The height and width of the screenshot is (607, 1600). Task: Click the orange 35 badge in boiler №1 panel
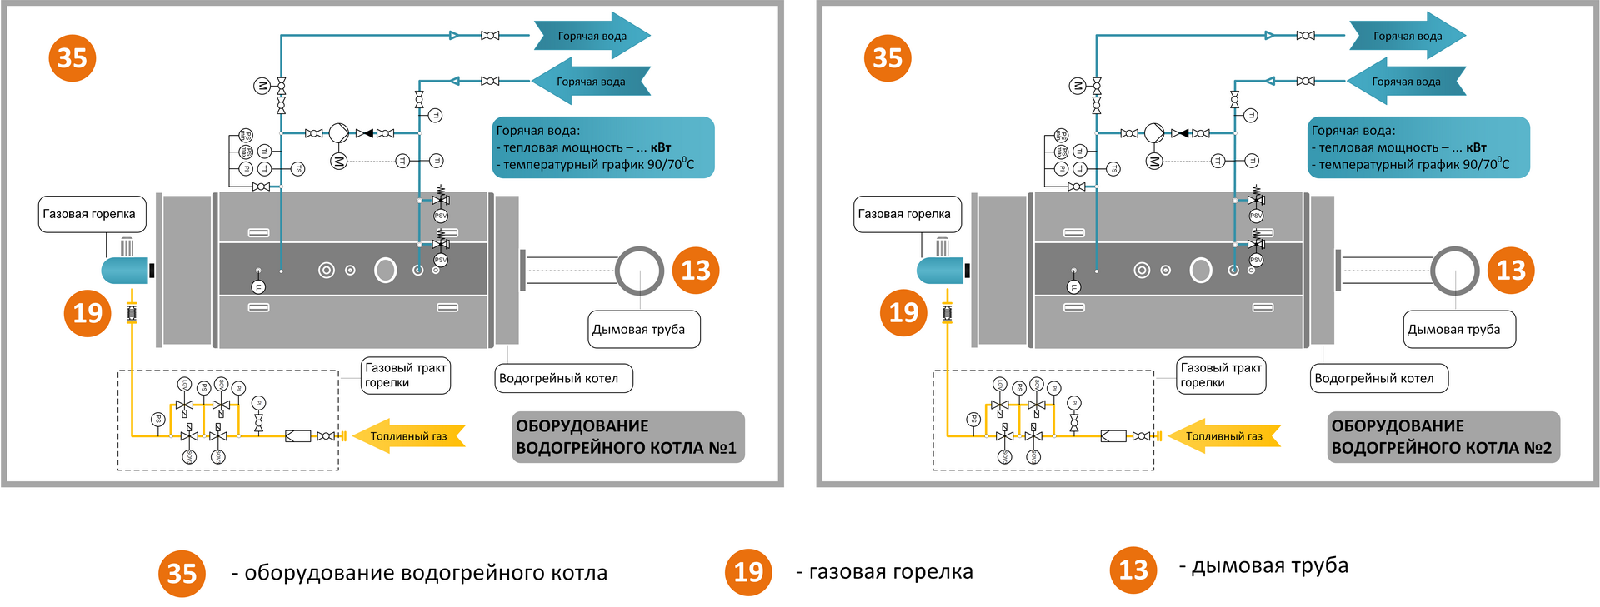click(x=72, y=58)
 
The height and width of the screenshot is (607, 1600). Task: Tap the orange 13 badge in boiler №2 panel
click(x=1511, y=270)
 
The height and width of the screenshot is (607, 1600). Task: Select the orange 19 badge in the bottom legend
click(x=748, y=572)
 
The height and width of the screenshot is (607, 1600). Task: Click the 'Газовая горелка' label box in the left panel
click(x=92, y=214)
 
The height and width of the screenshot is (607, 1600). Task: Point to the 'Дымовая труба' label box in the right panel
click(x=1458, y=330)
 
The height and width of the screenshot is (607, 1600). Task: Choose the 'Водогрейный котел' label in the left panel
click(x=562, y=378)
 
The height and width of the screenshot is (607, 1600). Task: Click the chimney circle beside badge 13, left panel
click(x=639, y=270)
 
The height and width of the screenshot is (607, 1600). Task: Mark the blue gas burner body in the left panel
click(x=124, y=271)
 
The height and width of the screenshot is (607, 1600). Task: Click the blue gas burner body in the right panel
click(x=939, y=271)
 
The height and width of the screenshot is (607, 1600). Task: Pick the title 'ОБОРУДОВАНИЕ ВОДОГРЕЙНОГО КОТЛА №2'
click(x=1442, y=437)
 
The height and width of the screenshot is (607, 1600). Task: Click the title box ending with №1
click(x=627, y=437)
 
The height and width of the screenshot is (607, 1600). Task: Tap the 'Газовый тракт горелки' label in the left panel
click(x=406, y=376)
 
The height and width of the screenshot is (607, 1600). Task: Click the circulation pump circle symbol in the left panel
click(x=338, y=133)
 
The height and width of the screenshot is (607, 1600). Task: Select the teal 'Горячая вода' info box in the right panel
click(x=1418, y=147)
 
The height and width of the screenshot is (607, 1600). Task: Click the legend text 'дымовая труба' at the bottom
click(x=1269, y=566)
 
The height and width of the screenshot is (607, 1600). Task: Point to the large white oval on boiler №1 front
click(x=385, y=270)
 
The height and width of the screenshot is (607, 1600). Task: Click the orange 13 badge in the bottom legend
click(x=1132, y=570)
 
